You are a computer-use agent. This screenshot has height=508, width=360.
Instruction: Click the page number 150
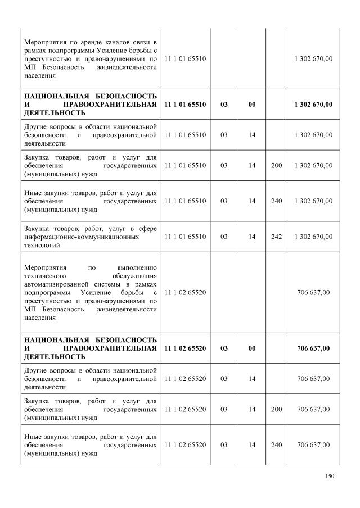pyautogui.click(x=330, y=477)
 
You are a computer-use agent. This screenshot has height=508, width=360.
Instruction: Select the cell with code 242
pyautogui.click(x=276, y=237)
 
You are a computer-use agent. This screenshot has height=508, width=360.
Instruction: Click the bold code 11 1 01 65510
pyautogui.click(x=185, y=105)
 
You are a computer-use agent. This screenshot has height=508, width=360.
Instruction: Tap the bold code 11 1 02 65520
pyautogui.click(x=185, y=348)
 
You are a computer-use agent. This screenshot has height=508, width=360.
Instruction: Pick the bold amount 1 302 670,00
pyautogui.click(x=313, y=105)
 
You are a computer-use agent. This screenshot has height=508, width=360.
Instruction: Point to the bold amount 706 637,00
pyautogui.click(x=313, y=348)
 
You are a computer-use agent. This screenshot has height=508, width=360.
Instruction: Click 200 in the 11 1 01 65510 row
pyautogui.click(x=276, y=165)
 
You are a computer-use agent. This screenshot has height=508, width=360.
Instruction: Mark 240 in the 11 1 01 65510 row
pyautogui.click(x=276, y=201)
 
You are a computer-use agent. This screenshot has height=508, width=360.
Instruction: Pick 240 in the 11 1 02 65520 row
pyautogui.click(x=276, y=445)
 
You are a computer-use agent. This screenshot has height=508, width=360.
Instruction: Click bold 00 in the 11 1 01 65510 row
pyautogui.click(x=252, y=105)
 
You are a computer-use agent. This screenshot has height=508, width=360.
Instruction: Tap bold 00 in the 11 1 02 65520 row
pyautogui.click(x=252, y=348)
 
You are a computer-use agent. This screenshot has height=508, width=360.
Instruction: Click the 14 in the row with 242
pyautogui.click(x=252, y=237)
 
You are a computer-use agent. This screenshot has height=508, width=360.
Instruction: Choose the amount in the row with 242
pyautogui.click(x=313, y=237)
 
